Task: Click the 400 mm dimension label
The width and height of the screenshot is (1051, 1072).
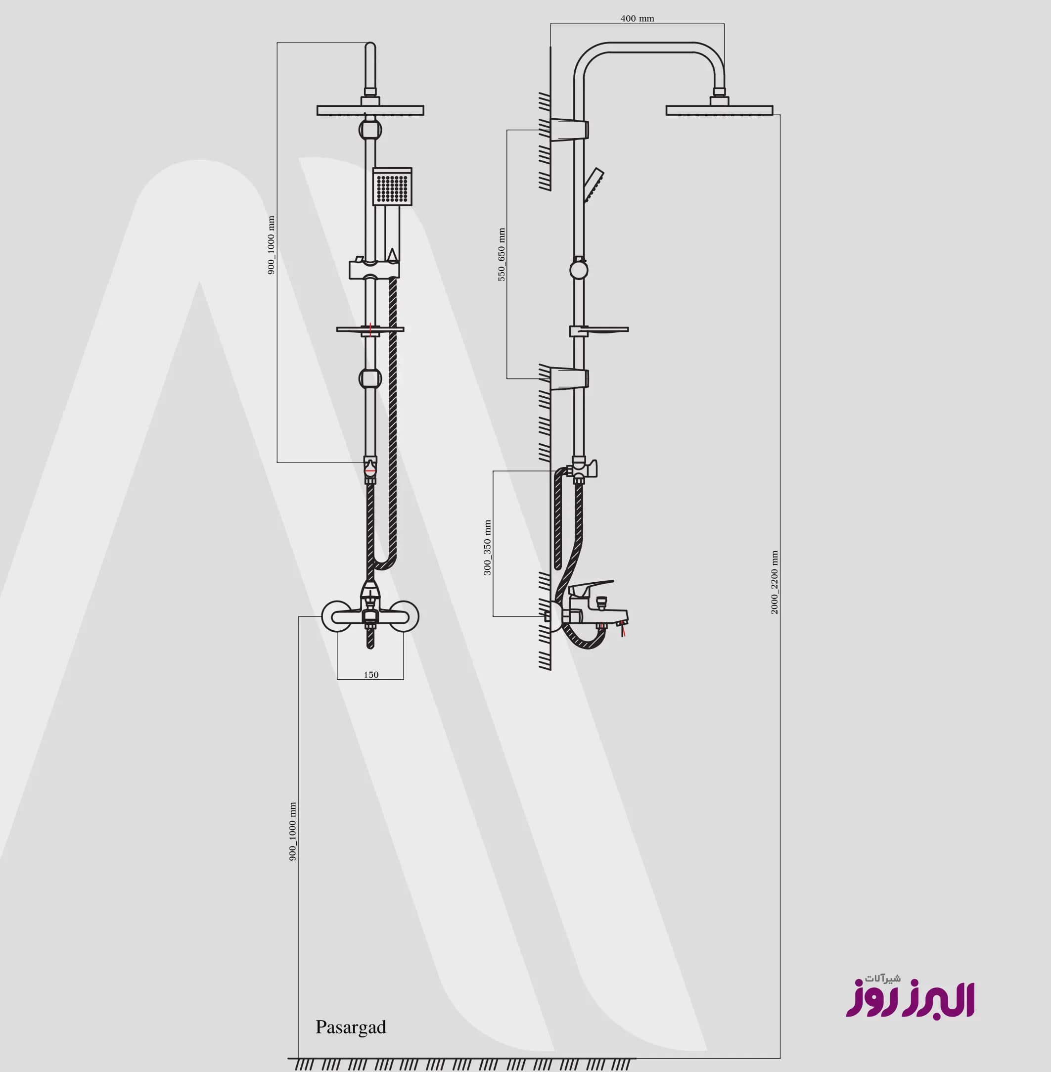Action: click(x=637, y=19)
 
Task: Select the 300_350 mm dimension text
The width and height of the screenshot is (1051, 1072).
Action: click(x=487, y=547)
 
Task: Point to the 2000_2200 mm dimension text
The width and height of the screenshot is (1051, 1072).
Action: click(x=775, y=582)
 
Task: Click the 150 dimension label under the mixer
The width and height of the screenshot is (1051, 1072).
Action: click(x=371, y=675)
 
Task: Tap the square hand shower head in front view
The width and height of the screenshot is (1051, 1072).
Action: click(x=392, y=186)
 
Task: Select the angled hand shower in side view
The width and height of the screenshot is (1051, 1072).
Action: click(x=594, y=185)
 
